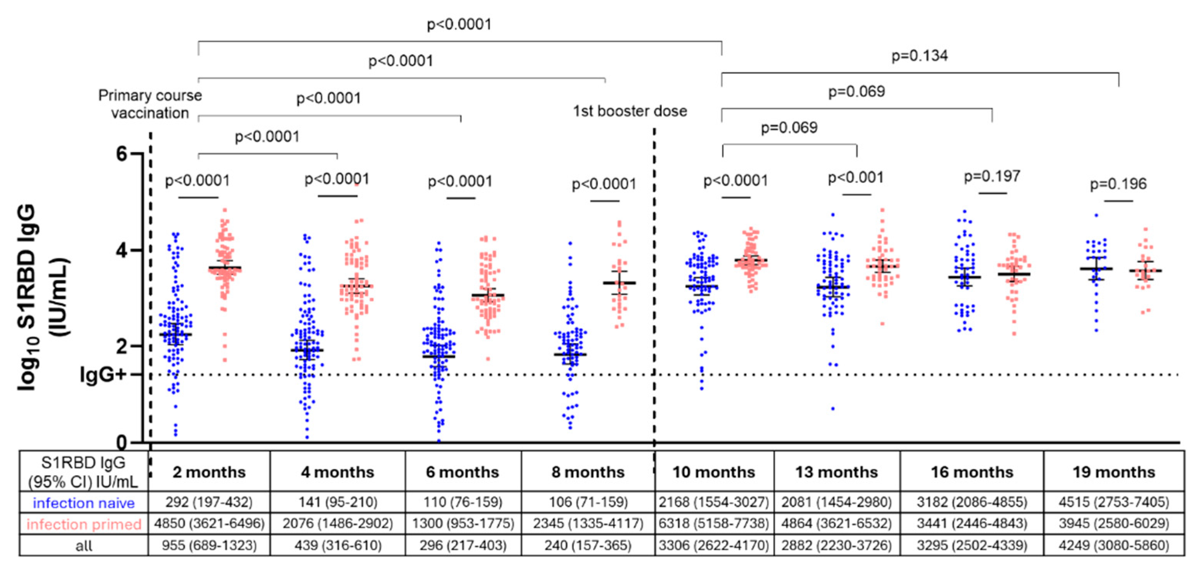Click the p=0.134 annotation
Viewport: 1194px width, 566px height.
(x=920, y=56)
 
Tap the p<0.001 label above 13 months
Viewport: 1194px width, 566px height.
(x=856, y=178)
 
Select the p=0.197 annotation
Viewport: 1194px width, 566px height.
(x=992, y=176)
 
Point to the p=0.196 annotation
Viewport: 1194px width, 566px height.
(x=1118, y=184)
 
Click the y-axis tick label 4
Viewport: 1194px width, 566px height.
(x=122, y=250)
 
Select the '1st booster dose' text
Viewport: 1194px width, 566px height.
(x=630, y=111)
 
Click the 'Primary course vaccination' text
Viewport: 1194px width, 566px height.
(x=150, y=104)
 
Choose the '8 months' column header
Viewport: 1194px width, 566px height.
(x=588, y=472)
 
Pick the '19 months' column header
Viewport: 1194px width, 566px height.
(x=1114, y=472)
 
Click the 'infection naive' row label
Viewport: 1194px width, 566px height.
(x=84, y=503)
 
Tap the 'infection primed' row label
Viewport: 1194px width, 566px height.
(x=84, y=524)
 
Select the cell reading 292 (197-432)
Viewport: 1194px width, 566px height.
(x=209, y=502)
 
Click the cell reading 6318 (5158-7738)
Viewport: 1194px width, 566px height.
(x=714, y=524)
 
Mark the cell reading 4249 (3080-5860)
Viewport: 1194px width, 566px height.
(x=1114, y=545)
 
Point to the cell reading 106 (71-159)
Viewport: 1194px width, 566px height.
(x=588, y=502)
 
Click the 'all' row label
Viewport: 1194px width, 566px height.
(x=84, y=546)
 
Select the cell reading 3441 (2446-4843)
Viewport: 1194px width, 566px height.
(x=972, y=524)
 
